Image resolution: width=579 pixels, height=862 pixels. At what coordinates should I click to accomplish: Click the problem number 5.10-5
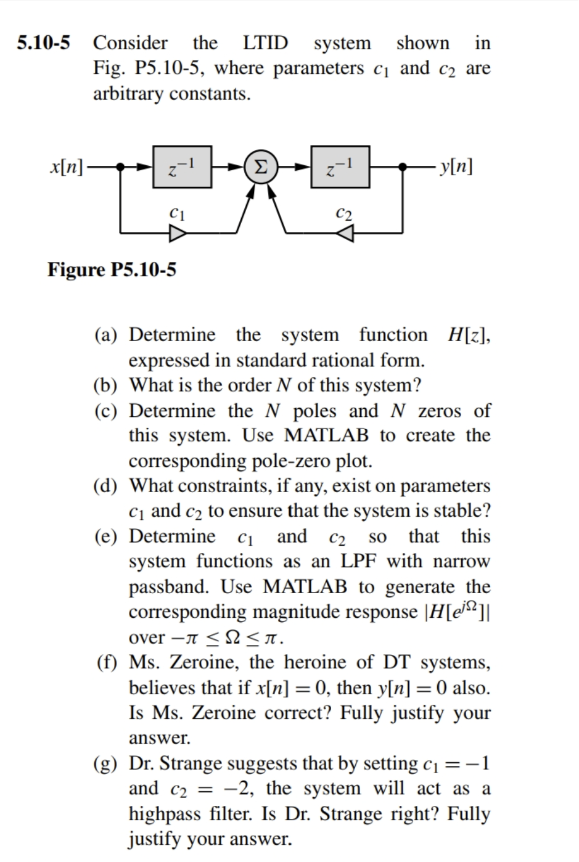click(x=43, y=43)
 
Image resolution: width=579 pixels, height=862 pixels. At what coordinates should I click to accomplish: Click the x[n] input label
click(x=67, y=167)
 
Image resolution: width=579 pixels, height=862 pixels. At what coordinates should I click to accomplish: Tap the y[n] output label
click(x=454, y=167)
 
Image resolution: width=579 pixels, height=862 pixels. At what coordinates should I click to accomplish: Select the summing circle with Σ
click(x=261, y=167)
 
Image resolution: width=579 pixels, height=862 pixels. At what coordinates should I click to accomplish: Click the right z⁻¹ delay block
click(x=340, y=167)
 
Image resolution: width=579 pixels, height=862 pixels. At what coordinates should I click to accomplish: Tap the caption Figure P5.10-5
click(x=112, y=270)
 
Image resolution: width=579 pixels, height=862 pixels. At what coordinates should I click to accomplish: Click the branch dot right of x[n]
click(x=121, y=167)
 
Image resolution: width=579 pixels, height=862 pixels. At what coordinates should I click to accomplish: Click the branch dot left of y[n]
click(x=403, y=167)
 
